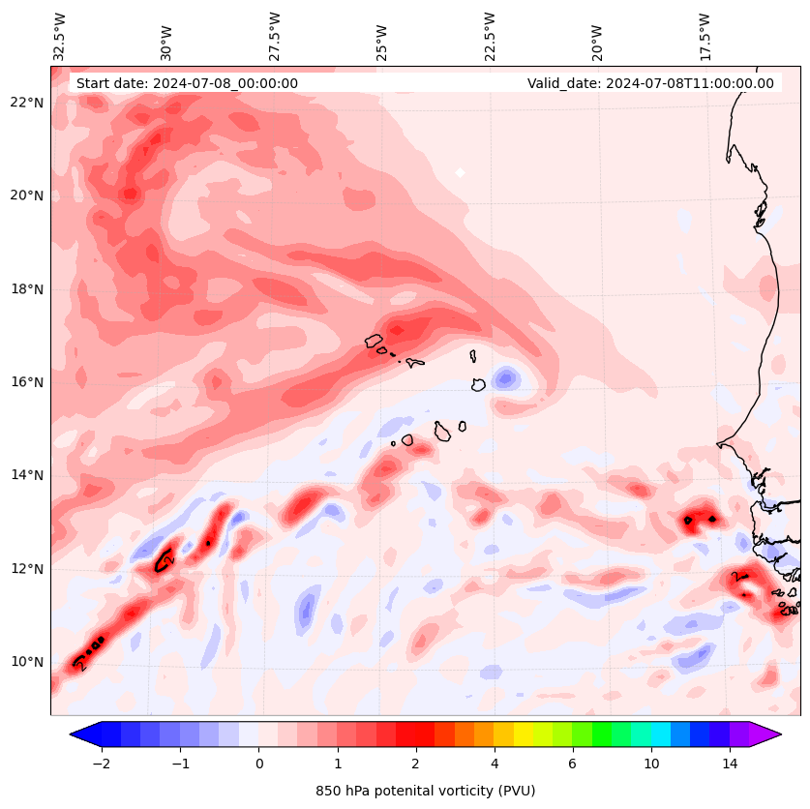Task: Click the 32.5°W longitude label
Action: pyautogui.click(x=61, y=37)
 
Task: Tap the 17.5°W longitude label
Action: pyautogui.click(x=705, y=37)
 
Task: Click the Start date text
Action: pyautogui.click(x=187, y=83)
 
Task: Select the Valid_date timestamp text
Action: pyautogui.click(x=650, y=83)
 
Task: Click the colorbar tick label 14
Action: pyautogui.click(x=730, y=764)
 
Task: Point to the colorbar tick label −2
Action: pyautogui.click(x=101, y=764)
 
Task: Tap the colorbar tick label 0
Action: pyautogui.click(x=258, y=764)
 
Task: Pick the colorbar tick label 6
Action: pyautogui.click(x=572, y=764)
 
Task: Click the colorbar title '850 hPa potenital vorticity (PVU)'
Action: pyautogui.click(x=425, y=791)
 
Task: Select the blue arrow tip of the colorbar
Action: pyautogui.click(x=81, y=734)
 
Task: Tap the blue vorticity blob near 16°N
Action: pyautogui.click(x=505, y=378)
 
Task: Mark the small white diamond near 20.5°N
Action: pyautogui.click(x=460, y=173)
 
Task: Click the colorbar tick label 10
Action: pyautogui.click(x=651, y=764)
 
